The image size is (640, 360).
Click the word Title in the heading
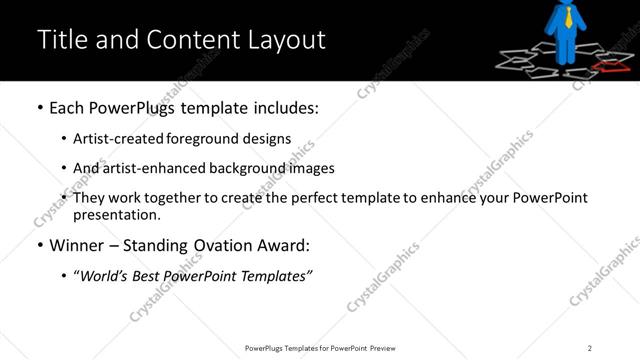coord(59,40)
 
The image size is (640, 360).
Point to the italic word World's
coord(105,275)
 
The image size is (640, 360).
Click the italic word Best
coord(150,275)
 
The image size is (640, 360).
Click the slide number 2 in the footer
coord(590,347)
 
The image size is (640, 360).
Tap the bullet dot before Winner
coord(38,245)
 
